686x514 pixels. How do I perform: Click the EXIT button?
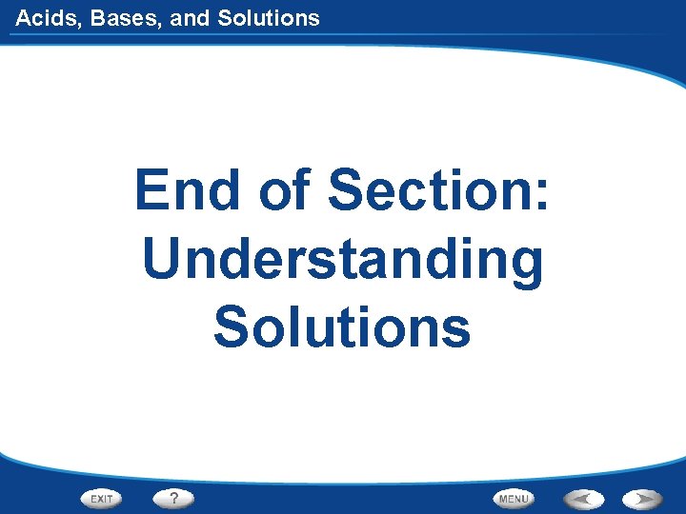coord(102,498)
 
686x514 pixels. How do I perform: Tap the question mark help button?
coord(173,498)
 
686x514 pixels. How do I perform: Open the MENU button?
coord(514,498)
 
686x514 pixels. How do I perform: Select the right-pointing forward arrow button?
coord(643,498)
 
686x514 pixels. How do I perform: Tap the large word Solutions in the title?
coord(342,326)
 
